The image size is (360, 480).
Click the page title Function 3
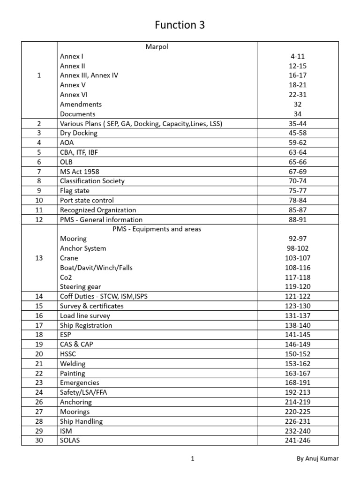click(180, 25)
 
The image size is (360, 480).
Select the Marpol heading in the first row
click(157, 46)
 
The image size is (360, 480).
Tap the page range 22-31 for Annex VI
click(298, 95)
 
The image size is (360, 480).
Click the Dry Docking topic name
click(79, 133)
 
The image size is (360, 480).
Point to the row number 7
click(39, 172)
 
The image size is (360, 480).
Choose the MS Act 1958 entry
click(80, 172)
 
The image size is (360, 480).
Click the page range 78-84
click(298, 200)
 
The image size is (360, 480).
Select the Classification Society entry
click(92, 181)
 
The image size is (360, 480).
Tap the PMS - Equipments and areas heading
click(157, 229)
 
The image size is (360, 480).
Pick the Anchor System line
click(83, 248)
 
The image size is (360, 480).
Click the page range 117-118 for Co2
click(298, 277)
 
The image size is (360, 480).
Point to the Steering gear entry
click(80, 287)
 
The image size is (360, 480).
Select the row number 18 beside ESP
click(39, 335)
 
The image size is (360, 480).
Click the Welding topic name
click(73, 364)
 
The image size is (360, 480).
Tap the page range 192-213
click(298, 392)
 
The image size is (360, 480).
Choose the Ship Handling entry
click(81, 421)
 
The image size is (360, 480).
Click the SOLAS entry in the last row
click(70, 441)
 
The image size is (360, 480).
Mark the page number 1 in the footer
click(193, 459)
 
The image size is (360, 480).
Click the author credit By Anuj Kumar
click(317, 459)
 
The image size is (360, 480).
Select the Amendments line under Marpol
click(81, 104)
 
